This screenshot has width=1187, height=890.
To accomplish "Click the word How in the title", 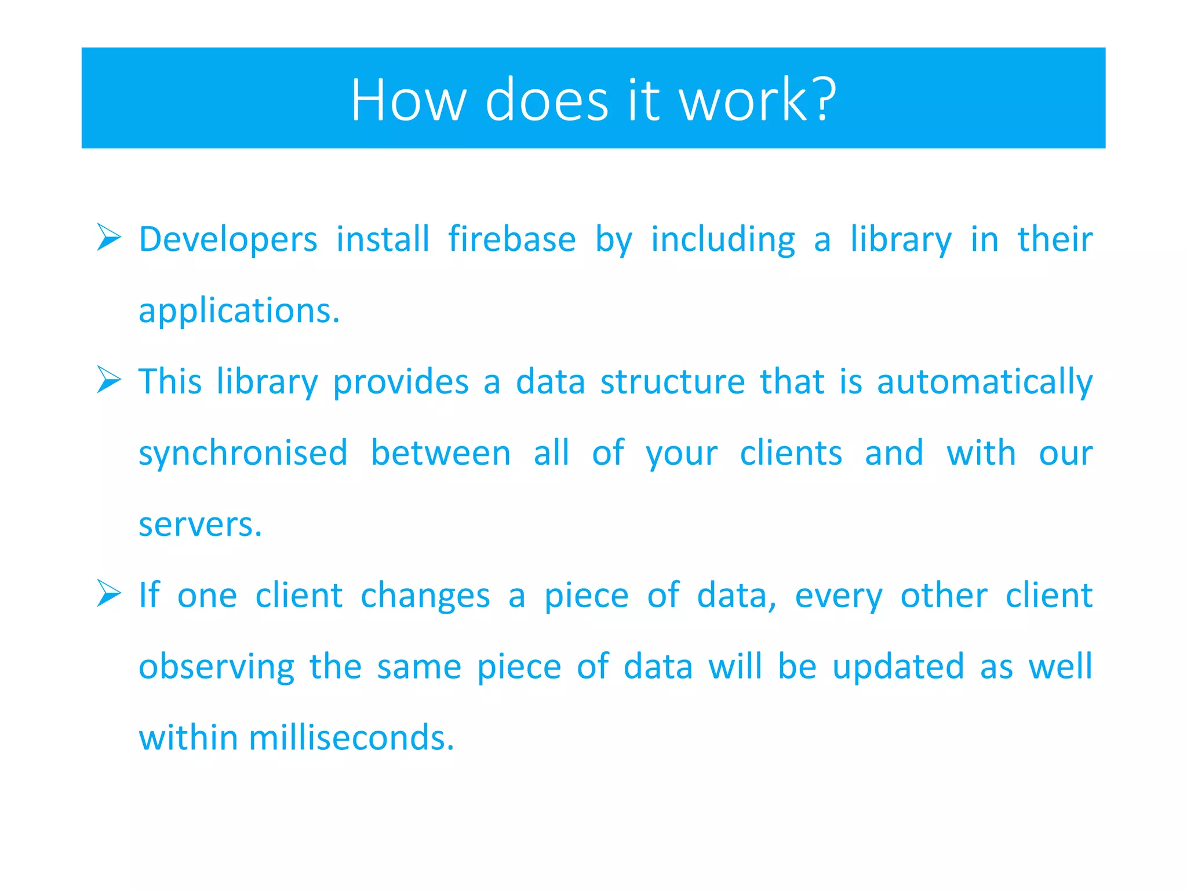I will (408, 100).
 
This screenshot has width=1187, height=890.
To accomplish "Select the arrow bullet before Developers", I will (108, 238).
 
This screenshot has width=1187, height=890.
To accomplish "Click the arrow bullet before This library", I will (108, 380).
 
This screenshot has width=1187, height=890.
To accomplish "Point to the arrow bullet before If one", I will (108, 593).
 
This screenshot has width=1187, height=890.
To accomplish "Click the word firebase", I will (512, 239).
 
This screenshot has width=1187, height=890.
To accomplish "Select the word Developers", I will (228, 239).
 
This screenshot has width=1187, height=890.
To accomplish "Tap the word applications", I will (238, 311).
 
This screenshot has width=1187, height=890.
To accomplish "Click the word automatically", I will (984, 382).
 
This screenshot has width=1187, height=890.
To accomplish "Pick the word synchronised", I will (243, 453).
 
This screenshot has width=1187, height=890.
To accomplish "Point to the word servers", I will (200, 524).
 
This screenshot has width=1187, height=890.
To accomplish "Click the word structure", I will (672, 382).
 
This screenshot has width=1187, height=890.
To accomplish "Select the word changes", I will (425, 596).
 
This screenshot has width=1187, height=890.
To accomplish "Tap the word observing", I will (216, 667).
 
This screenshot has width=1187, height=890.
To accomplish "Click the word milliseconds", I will (351, 738).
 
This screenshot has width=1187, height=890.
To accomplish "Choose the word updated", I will (898, 667).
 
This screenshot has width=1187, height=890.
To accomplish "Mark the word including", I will (723, 239).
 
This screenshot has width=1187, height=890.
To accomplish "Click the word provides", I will (400, 382).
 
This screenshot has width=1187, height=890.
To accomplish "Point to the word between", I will (440, 453).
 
